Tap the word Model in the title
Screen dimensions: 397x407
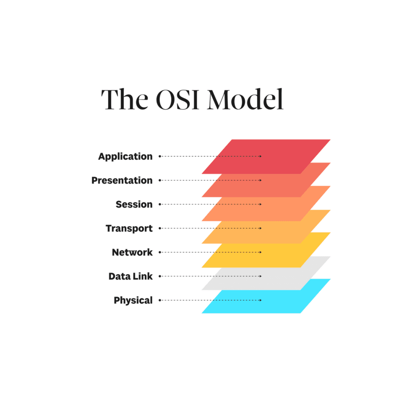coord(245,99)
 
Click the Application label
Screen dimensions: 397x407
coord(125,156)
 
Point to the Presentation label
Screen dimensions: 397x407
coord(122,180)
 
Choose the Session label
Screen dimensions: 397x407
coord(134,204)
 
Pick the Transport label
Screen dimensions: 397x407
coord(129,228)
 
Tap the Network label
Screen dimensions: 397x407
coord(132,252)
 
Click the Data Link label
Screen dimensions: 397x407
coord(130,276)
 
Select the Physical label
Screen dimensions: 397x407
coord(133,300)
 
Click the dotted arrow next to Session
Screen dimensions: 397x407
coord(210,204)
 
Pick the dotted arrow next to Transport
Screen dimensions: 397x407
coord(210,228)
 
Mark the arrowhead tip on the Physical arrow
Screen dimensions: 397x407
coord(261,300)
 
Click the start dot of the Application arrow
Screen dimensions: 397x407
coord(160,156)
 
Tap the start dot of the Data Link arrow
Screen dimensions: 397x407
coord(160,276)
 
